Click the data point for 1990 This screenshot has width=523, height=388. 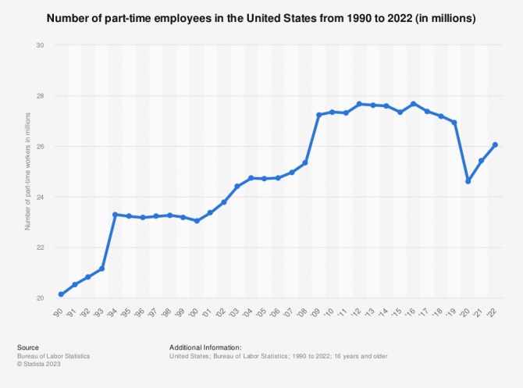tap(61, 294)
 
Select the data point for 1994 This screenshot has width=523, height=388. tap(116, 215)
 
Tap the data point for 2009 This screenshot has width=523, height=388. tap(318, 115)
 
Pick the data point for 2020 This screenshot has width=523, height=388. tap(468, 181)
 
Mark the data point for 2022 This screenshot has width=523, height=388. tap(495, 144)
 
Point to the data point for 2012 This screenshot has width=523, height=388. tap(359, 104)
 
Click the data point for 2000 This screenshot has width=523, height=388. tap(197, 221)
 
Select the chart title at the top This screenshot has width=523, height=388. tap(261, 18)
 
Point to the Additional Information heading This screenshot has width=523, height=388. tap(205, 347)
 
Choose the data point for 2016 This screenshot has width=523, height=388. tap(413, 104)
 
